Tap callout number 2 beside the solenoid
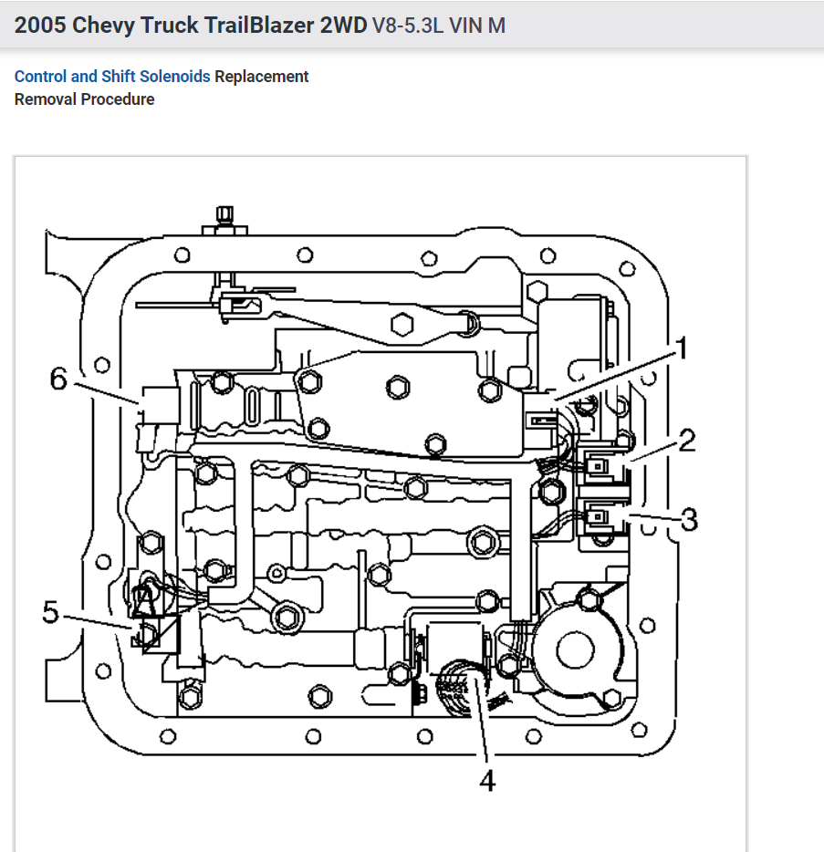tap(686, 442)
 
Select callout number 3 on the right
tap(689, 521)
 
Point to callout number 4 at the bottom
tap(488, 782)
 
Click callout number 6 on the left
tap(59, 379)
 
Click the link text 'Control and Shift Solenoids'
tap(112, 77)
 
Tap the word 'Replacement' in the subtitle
tap(262, 77)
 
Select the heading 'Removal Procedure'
tap(84, 99)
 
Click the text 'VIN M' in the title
tap(484, 25)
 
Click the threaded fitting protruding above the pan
tap(222, 218)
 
